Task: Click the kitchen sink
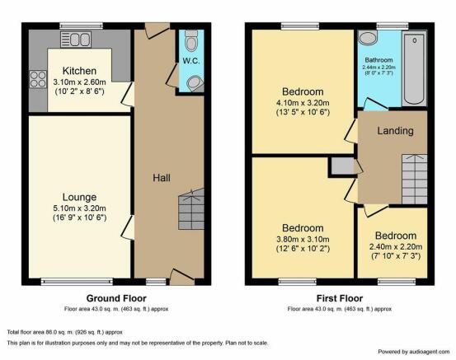tap(76, 40)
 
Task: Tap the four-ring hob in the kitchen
tap(38, 79)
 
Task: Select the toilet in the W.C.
tap(191, 40)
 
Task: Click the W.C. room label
tap(191, 61)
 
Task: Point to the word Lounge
tap(79, 197)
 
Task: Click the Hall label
tap(162, 178)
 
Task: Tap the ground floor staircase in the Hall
tap(191, 209)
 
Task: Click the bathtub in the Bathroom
tap(415, 69)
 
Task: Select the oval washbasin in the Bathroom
tap(368, 38)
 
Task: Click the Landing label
tap(395, 131)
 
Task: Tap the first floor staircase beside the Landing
tap(415, 180)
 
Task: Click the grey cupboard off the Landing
tap(343, 166)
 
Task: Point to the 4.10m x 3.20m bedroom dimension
tap(303, 103)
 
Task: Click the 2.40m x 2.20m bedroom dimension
tap(396, 247)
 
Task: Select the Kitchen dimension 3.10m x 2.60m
tap(79, 82)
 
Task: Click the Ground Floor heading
tap(116, 298)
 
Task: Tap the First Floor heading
tap(340, 298)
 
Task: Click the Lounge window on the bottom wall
tap(77, 281)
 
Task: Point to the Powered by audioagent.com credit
tap(414, 352)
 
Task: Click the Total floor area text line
tap(65, 332)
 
